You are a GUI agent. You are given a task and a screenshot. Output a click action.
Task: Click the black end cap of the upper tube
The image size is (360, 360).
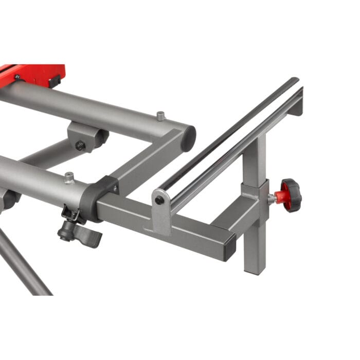tap(189, 138)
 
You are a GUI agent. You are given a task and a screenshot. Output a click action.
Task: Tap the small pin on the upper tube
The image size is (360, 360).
tap(160, 117)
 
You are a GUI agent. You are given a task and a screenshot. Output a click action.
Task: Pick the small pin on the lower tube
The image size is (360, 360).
tap(69, 178)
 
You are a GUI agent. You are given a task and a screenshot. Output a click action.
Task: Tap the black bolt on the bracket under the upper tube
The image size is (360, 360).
tap(80, 146)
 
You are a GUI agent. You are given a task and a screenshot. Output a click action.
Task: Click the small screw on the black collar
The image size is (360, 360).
tap(115, 189)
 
